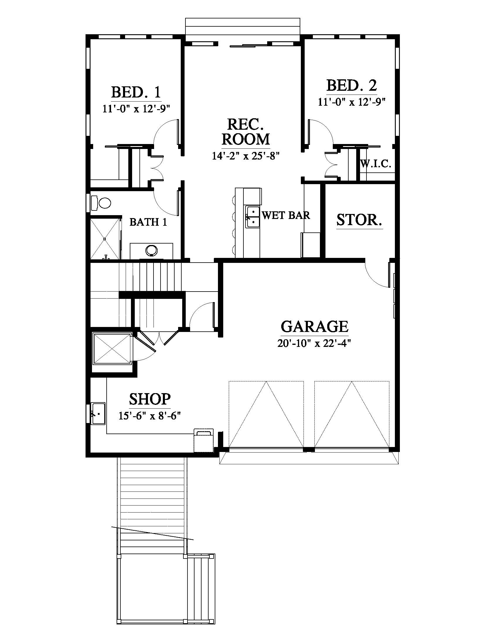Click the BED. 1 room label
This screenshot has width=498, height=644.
136,92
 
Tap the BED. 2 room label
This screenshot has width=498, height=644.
352,85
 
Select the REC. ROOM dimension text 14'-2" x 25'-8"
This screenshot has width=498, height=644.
245,156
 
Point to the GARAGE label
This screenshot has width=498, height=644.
315,326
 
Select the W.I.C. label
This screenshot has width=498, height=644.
376,164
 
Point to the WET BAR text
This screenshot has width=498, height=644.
286,215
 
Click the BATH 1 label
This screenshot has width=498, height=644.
149,222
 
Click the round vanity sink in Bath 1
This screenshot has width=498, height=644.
152,250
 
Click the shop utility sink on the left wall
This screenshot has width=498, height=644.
98,413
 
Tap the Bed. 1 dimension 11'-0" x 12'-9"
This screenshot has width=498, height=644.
136,109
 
